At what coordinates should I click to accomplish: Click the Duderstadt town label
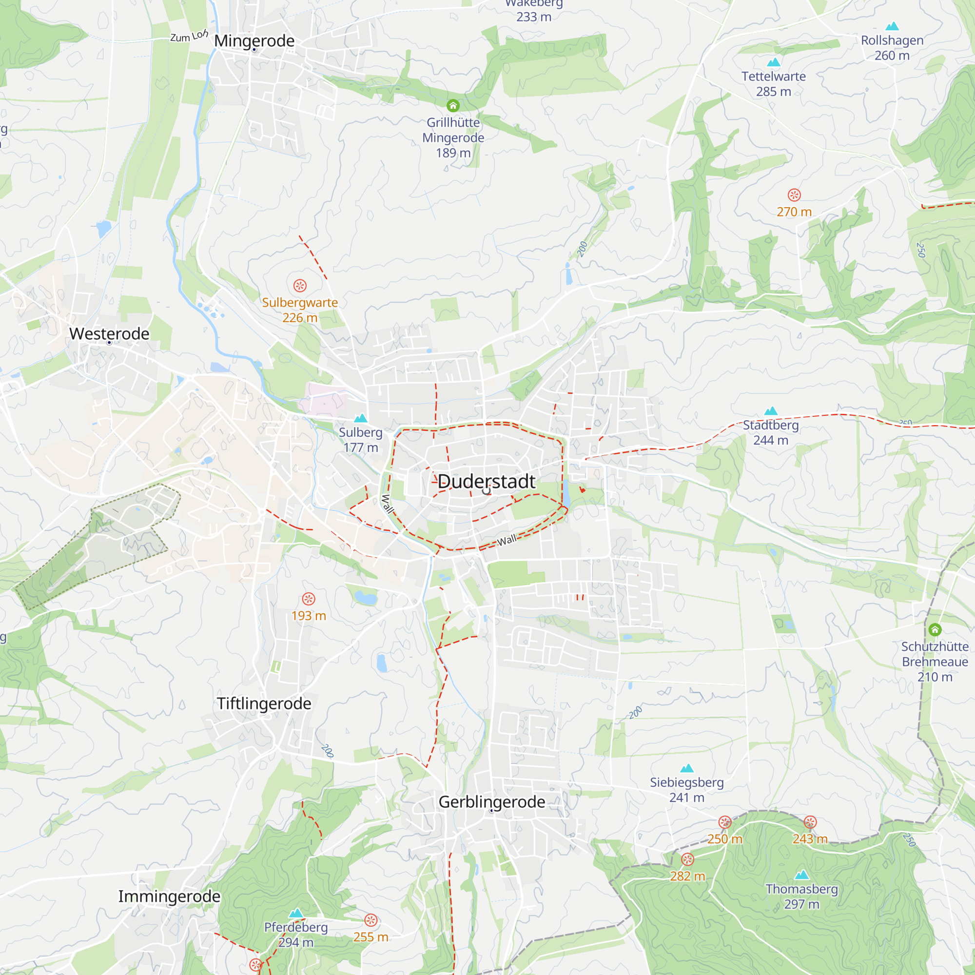click(x=486, y=482)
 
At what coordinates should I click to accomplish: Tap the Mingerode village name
click(x=254, y=41)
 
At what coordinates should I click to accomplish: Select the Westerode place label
click(x=109, y=333)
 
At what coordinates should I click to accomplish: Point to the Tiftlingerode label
click(x=264, y=703)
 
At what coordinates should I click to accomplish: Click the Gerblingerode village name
click(x=491, y=802)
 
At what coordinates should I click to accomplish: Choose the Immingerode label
click(x=169, y=897)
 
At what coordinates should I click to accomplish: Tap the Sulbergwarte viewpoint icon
click(x=300, y=286)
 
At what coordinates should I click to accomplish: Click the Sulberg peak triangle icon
click(x=360, y=418)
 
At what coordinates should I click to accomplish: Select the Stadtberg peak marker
click(x=771, y=411)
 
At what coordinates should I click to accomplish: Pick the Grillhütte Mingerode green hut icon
click(x=453, y=105)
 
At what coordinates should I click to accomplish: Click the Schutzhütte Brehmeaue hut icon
click(x=935, y=629)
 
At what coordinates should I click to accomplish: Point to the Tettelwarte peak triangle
click(x=774, y=62)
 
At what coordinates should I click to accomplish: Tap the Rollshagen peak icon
click(x=892, y=26)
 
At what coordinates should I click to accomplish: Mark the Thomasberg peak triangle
click(x=802, y=875)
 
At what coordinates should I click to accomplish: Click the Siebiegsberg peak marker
click(x=687, y=768)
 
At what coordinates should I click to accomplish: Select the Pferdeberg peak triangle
click(x=296, y=913)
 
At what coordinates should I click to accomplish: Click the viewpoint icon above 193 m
click(x=309, y=599)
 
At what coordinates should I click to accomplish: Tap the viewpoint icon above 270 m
click(x=794, y=195)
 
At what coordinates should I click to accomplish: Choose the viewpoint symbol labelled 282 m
click(x=687, y=859)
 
